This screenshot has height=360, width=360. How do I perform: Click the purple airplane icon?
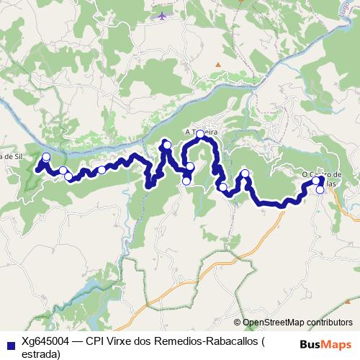[x=162, y=16]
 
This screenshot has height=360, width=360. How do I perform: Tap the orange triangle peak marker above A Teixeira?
[x=217, y=65]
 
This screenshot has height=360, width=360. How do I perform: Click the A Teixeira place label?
[x=201, y=132]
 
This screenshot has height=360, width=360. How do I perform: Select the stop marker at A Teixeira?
[x=200, y=134]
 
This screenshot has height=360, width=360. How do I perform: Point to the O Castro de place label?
[x=321, y=174]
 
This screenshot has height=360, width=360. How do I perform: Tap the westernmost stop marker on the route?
[x=47, y=157]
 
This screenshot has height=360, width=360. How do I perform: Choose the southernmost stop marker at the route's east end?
[x=320, y=191]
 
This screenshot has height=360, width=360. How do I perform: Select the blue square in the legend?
[x=9, y=343]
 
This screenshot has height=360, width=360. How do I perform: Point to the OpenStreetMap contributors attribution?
[x=297, y=323]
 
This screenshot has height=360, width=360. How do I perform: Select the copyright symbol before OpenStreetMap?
[x=238, y=323]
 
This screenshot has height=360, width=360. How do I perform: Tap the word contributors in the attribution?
[x=330, y=323]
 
